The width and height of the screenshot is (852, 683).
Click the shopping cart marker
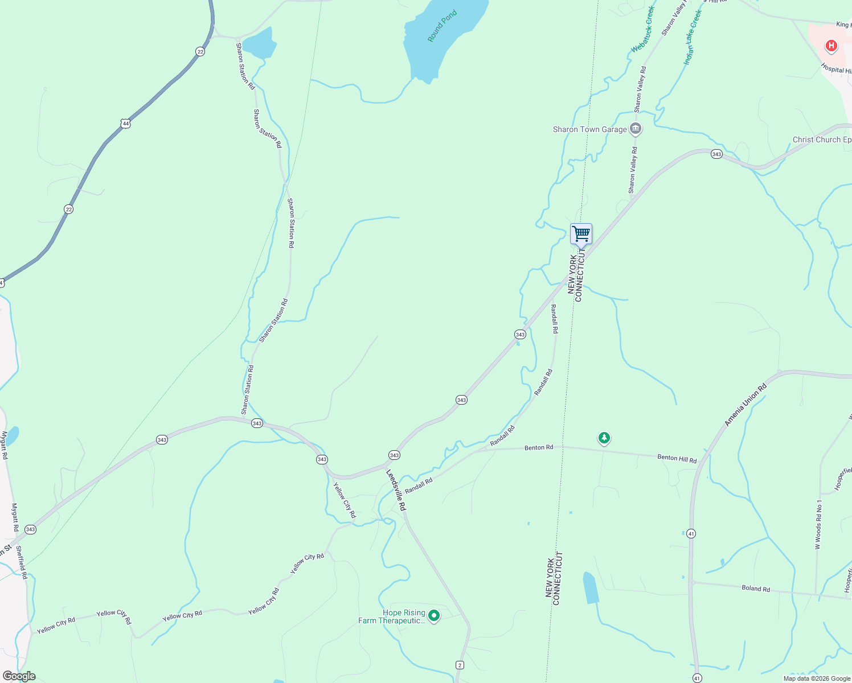pyautogui.click(x=581, y=234)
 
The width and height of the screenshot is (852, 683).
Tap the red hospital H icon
pyautogui.click(x=831, y=46)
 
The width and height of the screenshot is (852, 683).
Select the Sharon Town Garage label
pyautogui.click(x=589, y=130)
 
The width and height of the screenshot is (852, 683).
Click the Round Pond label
pyautogui.click(x=442, y=26)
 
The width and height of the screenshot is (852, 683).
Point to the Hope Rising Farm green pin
pyautogui.click(x=434, y=615)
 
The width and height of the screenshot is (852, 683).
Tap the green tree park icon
pyautogui.click(x=604, y=438)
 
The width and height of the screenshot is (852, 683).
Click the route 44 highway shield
pyautogui.click(x=125, y=123)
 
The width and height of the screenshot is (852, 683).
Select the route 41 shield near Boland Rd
pyautogui.click(x=691, y=533)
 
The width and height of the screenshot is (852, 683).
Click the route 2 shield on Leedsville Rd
pyautogui.click(x=460, y=665)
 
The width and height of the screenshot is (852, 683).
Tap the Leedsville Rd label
pyautogui.click(x=396, y=490)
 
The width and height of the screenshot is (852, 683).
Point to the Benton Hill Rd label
pyautogui.click(x=677, y=458)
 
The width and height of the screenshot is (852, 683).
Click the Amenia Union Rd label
pyautogui.click(x=745, y=405)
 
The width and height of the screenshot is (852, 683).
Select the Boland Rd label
pyautogui.click(x=756, y=589)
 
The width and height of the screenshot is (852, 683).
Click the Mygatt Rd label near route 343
pyautogui.click(x=15, y=517)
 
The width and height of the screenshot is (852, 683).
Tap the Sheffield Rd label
pyautogui.click(x=22, y=562)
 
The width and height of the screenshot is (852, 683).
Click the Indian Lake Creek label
pyautogui.click(x=693, y=36)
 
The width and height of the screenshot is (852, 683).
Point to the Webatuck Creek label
pyautogui.click(x=643, y=30)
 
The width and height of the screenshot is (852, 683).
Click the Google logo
pyautogui.click(x=19, y=676)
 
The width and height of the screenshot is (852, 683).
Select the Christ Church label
pyautogui.click(x=822, y=139)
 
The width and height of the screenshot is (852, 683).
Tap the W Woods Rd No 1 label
pyautogui.click(x=818, y=524)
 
